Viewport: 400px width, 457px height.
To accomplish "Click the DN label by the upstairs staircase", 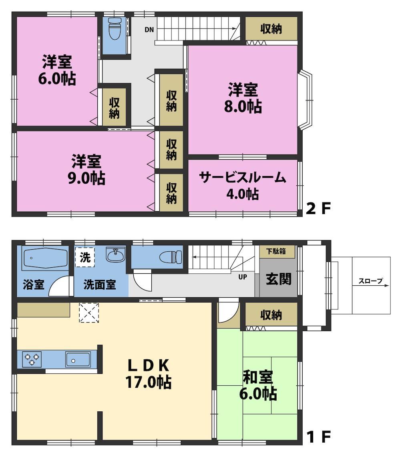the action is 149,30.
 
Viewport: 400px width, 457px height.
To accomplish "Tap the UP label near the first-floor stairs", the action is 243,277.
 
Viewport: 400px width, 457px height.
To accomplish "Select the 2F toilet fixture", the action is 114,28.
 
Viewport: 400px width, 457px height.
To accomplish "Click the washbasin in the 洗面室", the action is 115,255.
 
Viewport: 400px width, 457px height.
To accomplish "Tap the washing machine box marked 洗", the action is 85,257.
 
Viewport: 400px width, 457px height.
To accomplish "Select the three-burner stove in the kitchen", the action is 32,359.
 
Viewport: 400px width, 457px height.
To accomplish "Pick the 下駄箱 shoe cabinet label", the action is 276,251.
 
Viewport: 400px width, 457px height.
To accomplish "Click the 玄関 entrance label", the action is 279,279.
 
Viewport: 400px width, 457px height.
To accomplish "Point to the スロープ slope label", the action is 370,281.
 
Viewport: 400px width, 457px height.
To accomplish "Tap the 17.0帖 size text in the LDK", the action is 149,383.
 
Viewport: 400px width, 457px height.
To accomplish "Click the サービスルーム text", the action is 242,178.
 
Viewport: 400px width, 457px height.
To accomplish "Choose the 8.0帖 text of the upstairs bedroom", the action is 243,106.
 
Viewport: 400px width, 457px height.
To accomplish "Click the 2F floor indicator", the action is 318,208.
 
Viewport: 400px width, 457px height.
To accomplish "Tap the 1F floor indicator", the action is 319,437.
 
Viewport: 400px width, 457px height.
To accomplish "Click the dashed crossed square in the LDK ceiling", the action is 89,313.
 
